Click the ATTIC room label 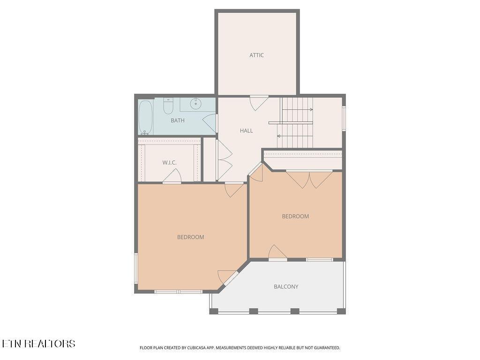[256, 55]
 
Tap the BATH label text [177, 120]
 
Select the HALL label [246, 131]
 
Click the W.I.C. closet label [169, 163]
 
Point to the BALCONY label [286, 286]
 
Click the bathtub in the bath [146, 117]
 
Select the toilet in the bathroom [168, 106]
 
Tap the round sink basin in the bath [195, 103]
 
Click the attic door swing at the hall [258, 102]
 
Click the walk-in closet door [172, 177]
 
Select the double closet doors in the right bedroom [309, 179]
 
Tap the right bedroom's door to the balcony [277, 253]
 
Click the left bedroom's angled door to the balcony [228, 277]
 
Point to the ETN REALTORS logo [38, 344]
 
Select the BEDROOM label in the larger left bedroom [190, 237]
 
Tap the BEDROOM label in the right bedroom [295, 217]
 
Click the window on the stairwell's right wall [344, 119]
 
